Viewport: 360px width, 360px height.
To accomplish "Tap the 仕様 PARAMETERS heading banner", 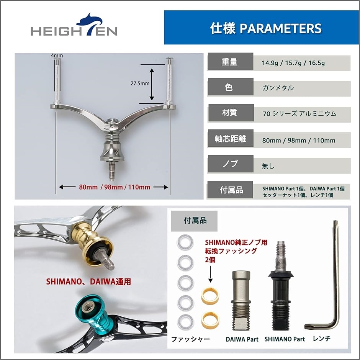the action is (261, 27).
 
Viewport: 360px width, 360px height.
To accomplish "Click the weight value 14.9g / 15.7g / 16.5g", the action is (293, 63).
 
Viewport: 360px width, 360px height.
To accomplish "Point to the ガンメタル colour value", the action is (278, 88).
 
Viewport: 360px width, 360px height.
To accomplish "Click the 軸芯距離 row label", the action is (231, 138).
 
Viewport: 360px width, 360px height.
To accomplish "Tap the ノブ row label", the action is (231, 164).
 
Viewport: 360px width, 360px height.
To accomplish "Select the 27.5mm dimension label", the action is (140, 83).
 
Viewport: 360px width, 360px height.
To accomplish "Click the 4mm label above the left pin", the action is (57, 55).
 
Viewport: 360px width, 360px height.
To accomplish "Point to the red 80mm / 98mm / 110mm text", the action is (115, 187).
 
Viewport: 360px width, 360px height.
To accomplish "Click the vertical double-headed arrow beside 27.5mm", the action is (152, 84).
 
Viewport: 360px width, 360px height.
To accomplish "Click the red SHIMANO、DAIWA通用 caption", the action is (88, 282).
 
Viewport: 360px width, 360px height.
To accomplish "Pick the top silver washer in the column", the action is (185, 242).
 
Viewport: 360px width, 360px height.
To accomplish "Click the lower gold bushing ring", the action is (210, 319).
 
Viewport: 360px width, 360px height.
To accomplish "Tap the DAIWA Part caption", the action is (242, 339).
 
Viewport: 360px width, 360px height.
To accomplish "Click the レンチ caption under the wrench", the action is (322, 338).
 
